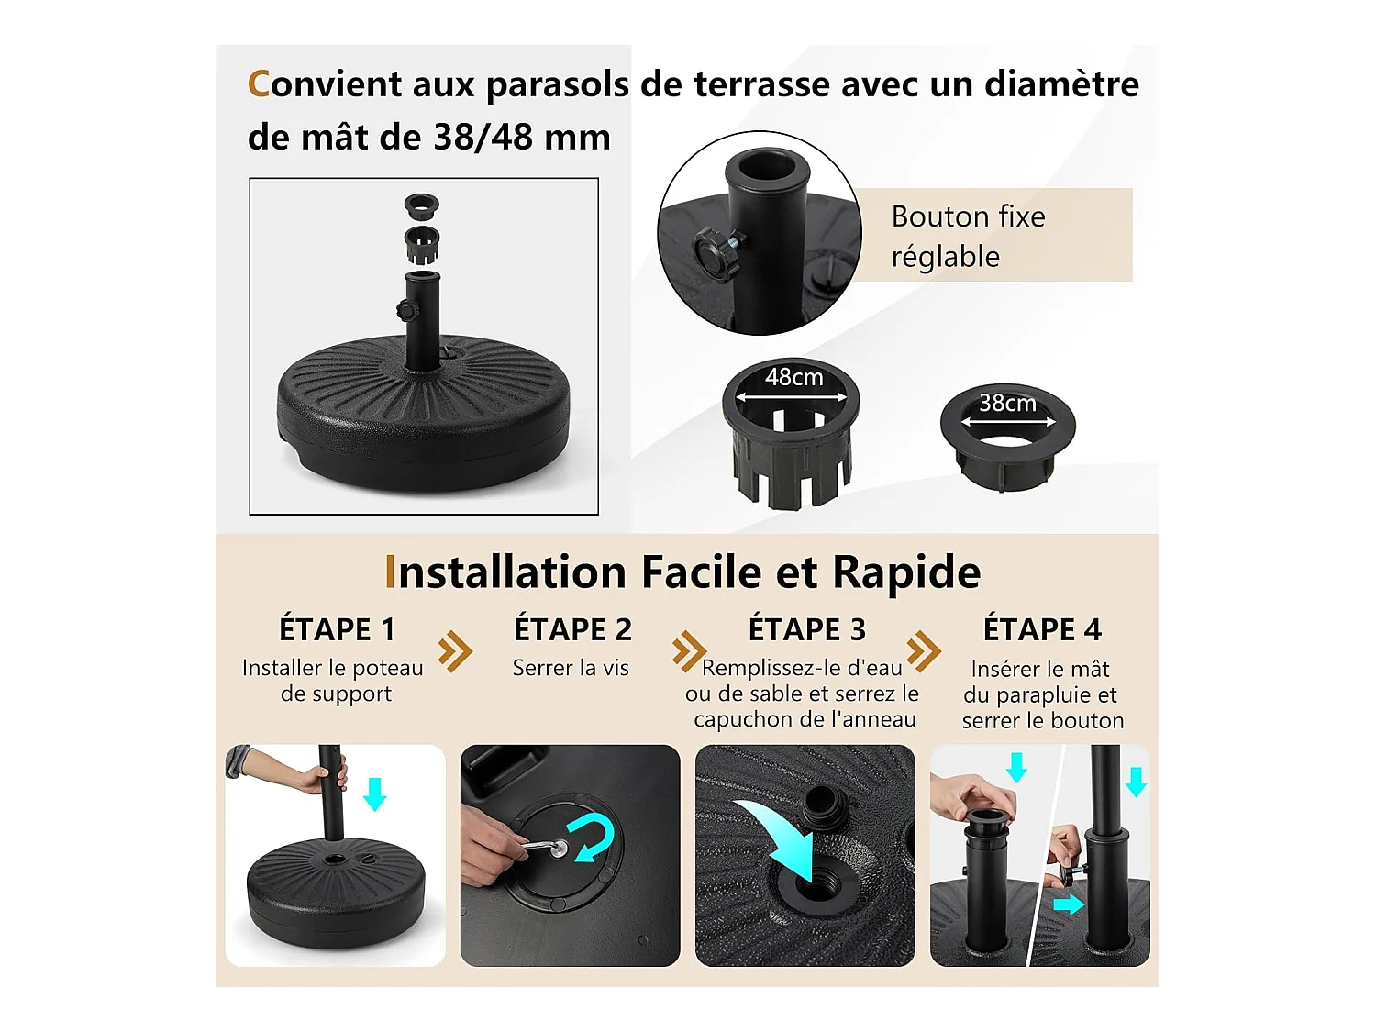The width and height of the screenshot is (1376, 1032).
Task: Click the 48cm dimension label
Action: pyautogui.click(x=793, y=377)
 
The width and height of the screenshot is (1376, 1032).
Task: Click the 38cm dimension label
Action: pyautogui.click(x=1007, y=403)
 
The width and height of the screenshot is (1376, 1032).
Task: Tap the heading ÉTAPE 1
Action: pyautogui.click(x=337, y=628)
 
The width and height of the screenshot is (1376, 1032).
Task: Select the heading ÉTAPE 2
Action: pyautogui.click(x=572, y=628)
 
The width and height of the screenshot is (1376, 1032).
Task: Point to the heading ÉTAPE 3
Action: pyautogui.click(x=806, y=628)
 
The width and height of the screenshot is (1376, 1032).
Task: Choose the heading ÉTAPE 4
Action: pyautogui.click(x=1042, y=628)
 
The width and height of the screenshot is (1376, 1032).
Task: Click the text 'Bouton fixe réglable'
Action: pyautogui.click(x=968, y=237)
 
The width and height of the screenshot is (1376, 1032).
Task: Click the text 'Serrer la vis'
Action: pyautogui.click(x=571, y=668)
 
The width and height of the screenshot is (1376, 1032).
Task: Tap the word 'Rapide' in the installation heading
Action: pyautogui.click(x=906, y=572)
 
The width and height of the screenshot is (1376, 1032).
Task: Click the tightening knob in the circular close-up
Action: pyautogui.click(x=716, y=256)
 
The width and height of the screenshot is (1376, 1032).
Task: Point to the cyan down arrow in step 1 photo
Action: pyautogui.click(x=375, y=793)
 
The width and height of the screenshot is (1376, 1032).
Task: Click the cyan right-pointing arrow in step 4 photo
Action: pyautogui.click(x=1068, y=904)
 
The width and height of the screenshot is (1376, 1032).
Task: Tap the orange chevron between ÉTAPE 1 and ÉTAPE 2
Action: pyautogui.click(x=454, y=651)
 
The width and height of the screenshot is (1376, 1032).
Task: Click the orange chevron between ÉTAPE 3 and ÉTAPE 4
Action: pyautogui.click(x=924, y=651)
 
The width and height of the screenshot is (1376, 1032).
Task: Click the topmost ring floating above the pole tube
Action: pyautogui.click(x=421, y=205)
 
